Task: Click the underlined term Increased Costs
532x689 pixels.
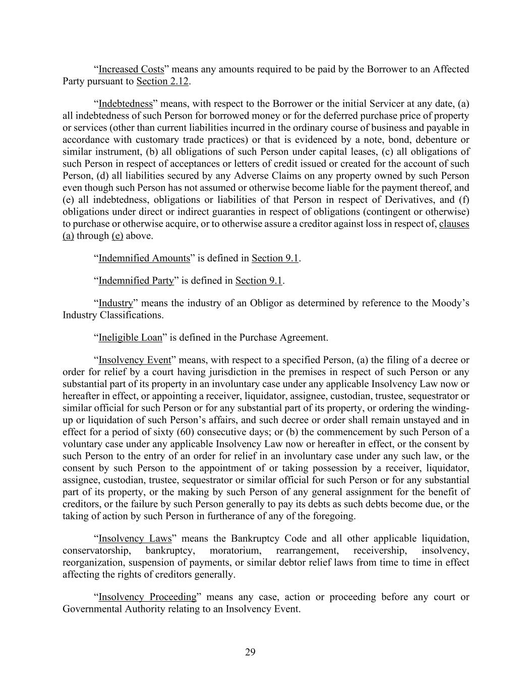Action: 131,69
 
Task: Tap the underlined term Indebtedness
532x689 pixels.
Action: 126,104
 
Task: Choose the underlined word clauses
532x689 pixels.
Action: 454,224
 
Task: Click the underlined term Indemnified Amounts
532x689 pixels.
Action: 144,258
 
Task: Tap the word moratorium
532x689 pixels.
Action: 235,551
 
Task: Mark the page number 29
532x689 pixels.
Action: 250,653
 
